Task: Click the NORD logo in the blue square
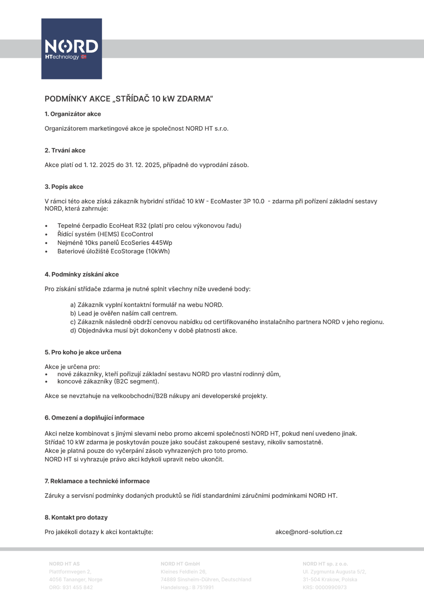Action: click(x=71, y=47)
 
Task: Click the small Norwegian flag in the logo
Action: click(x=84, y=57)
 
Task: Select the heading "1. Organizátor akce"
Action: click(x=73, y=114)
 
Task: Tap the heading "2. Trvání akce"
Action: click(x=65, y=150)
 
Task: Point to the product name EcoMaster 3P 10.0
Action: click(x=237, y=201)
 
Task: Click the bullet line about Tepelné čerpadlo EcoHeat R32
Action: click(x=149, y=225)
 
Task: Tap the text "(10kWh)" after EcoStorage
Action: click(x=158, y=251)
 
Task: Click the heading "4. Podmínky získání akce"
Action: click(x=82, y=274)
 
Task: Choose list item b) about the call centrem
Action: click(x=124, y=313)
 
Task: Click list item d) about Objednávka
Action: click(x=153, y=330)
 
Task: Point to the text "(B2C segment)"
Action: click(x=136, y=381)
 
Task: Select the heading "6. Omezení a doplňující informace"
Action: click(x=94, y=418)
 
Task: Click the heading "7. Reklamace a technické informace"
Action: click(x=97, y=481)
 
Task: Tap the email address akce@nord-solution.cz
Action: click(x=309, y=532)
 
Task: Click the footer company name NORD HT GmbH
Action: click(x=180, y=564)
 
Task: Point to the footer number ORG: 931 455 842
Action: click(x=71, y=587)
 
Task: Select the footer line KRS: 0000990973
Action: click(x=324, y=587)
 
